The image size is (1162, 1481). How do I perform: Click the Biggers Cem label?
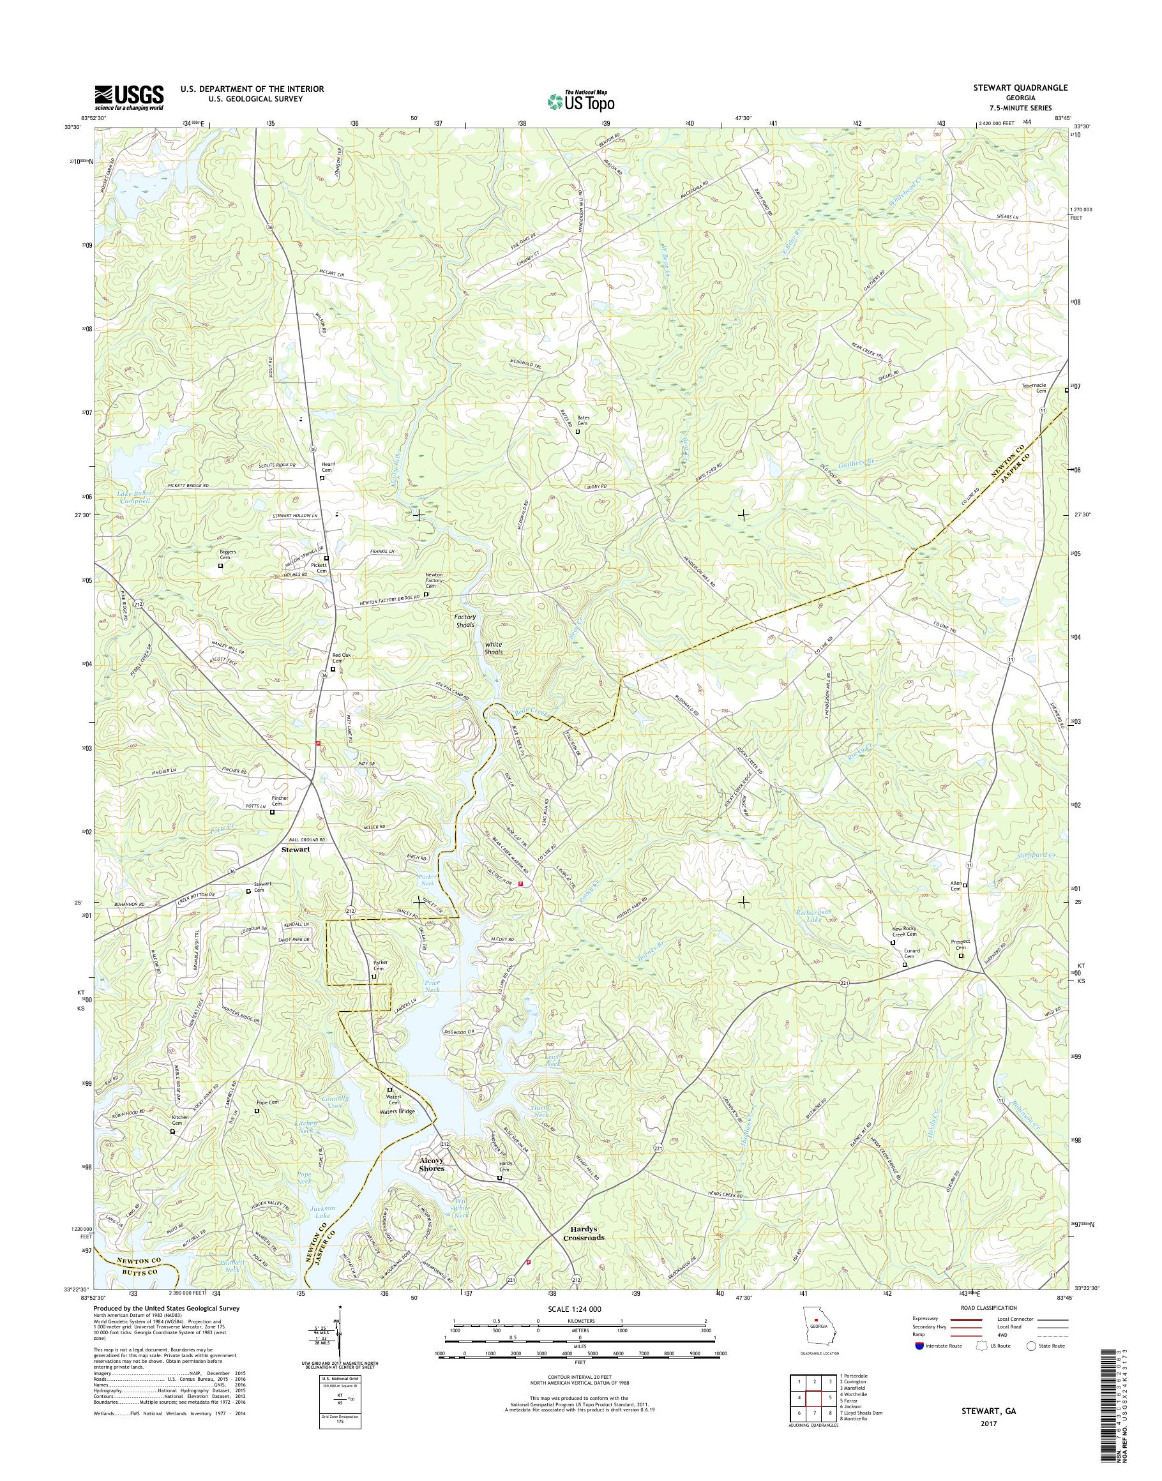coord(220,556)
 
